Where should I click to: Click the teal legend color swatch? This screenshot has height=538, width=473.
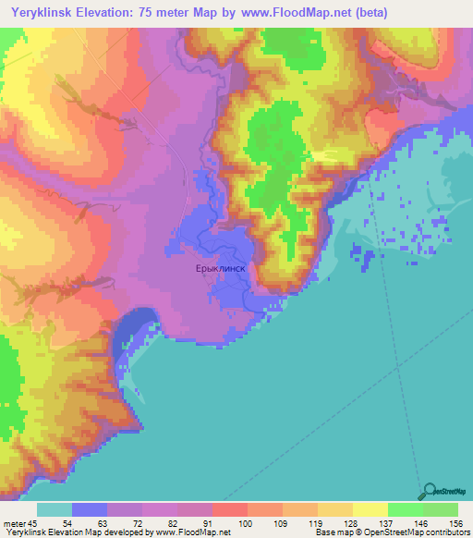tap(55, 509)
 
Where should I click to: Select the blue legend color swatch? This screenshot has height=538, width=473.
tap(90, 509)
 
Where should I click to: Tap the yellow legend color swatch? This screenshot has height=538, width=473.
tap(370, 509)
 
